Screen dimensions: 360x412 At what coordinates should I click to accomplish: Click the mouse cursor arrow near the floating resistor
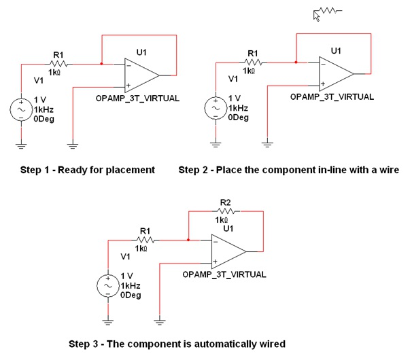(x=317, y=14)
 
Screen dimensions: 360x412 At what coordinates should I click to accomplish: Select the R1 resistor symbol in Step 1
(x=57, y=65)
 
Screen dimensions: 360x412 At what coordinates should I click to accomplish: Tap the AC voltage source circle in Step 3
(x=109, y=285)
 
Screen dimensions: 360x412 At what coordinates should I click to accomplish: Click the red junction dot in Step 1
(x=101, y=65)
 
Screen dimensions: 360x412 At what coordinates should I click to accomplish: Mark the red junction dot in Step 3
(x=188, y=239)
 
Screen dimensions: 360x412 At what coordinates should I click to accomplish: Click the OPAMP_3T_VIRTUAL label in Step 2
(x=332, y=97)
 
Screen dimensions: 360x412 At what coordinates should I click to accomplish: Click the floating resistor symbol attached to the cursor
(x=332, y=11)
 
